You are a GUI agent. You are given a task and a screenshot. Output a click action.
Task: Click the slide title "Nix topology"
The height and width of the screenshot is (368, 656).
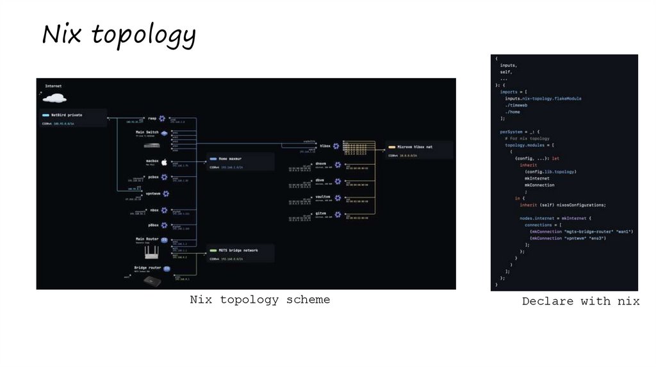(x=119, y=35)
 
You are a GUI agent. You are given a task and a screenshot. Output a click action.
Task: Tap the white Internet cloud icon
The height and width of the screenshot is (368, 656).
(x=54, y=97)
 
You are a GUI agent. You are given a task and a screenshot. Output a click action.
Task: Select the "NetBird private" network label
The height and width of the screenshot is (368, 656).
(x=67, y=115)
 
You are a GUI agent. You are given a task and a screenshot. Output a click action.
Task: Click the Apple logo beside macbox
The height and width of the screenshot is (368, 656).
(x=163, y=162)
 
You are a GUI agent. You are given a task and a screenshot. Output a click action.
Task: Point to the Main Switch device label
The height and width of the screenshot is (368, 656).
(x=147, y=131)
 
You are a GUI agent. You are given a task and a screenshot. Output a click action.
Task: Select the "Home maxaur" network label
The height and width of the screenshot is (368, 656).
(x=227, y=157)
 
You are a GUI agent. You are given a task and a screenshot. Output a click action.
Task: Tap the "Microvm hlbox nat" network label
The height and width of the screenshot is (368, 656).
(x=411, y=147)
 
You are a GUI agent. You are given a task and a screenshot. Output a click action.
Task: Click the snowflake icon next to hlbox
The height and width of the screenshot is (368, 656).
(x=336, y=146)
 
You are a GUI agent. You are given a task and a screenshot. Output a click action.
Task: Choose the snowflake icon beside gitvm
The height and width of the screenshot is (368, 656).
(x=336, y=213)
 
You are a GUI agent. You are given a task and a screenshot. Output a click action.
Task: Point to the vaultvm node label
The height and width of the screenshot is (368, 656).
(x=322, y=197)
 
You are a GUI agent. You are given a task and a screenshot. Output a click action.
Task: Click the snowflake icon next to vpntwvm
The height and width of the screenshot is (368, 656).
(x=166, y=194)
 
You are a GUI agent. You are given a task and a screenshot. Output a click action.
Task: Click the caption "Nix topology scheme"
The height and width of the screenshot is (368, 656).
(x=259, y=299)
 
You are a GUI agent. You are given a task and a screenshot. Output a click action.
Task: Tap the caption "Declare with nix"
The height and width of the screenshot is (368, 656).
(x=580, y=301)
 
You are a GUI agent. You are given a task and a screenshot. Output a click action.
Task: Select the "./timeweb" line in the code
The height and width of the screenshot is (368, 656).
(x=516, y=105)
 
